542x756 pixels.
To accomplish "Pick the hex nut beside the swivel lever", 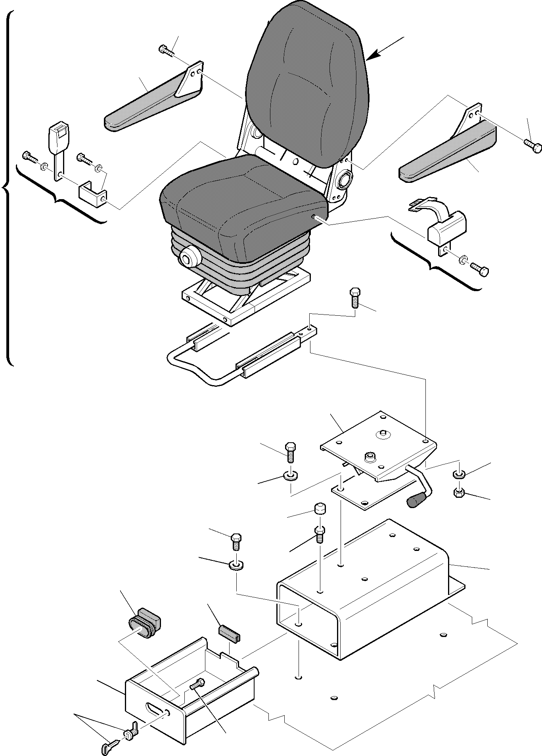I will coord(459,493).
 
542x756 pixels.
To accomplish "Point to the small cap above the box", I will coord(320,508).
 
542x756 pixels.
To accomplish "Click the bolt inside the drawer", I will coord(197,683).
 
